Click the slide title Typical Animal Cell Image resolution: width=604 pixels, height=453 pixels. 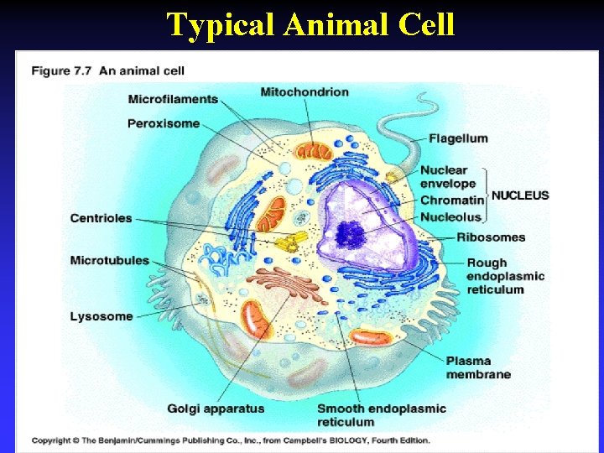tap(310, 24)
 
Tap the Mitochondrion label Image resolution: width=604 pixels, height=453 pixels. tap(305, 91)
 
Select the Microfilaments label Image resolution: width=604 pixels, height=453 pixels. tap(173, 99)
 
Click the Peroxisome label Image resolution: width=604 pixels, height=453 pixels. tap(164, 123)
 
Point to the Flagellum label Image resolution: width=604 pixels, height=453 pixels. tap(458, 138)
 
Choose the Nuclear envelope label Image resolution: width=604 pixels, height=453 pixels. tap(448, 177)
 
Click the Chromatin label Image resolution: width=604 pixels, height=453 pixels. tap(452, 200)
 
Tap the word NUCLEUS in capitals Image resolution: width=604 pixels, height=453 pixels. tap(520, 195)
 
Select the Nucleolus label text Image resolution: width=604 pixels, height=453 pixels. tap(451, 217)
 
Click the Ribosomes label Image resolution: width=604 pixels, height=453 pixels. tap(491, 237)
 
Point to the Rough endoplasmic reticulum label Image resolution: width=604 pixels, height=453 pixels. tap(506, 276)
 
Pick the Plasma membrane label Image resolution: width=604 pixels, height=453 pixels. tap(478, 367)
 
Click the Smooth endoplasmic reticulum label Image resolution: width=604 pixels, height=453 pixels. tap(382, 414)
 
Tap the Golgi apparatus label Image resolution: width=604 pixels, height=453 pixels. tap(216, 409)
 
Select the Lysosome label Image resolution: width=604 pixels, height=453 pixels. tap(102, 316)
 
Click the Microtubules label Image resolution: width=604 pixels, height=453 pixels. tap(110, 260)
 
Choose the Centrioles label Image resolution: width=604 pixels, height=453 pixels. tap(102, 218)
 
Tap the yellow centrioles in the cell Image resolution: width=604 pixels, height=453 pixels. tap(289, 242)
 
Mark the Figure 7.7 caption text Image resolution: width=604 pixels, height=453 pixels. tap(108, 71)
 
